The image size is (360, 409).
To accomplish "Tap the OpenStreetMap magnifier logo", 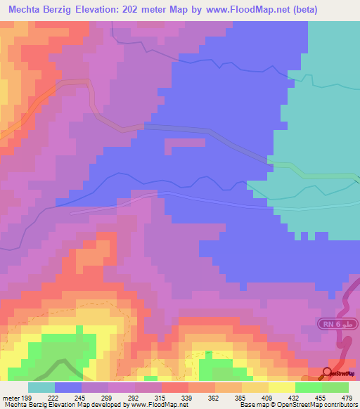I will coord(328,372).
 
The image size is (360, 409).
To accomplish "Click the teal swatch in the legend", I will coord(41,387).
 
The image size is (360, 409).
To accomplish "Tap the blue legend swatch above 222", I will coord(68,387).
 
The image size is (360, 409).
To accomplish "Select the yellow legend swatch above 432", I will coord(282,387).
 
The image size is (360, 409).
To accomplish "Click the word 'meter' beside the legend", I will coord(10,398).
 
